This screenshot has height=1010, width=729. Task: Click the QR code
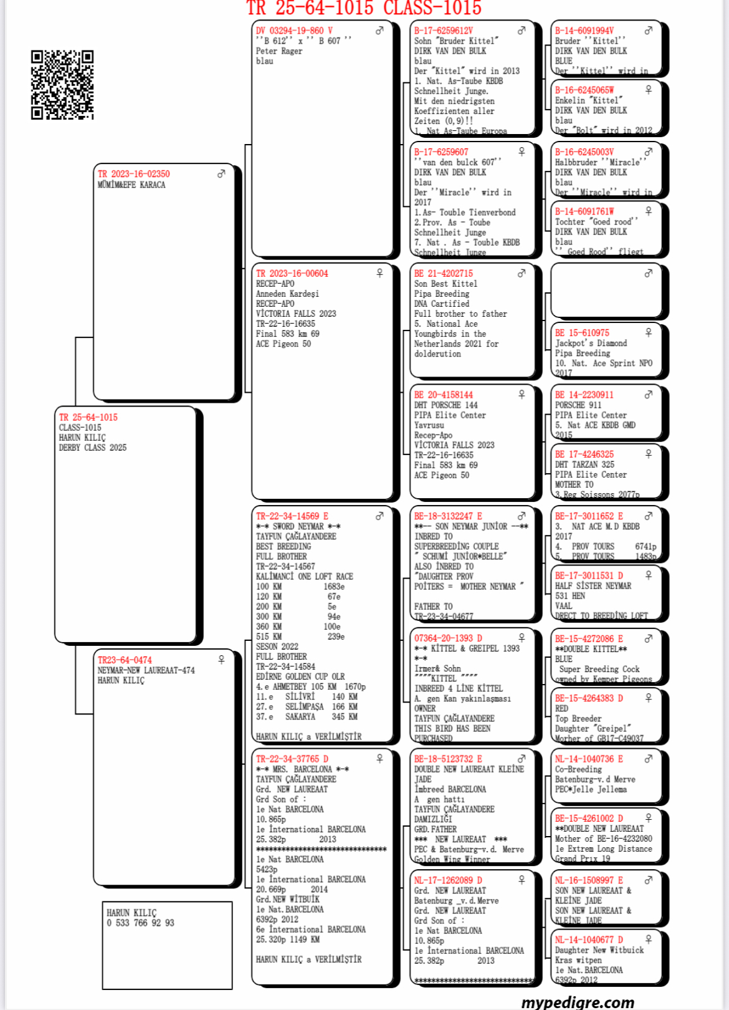pos(62,84)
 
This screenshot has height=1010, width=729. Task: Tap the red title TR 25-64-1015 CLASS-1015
pos(364,8)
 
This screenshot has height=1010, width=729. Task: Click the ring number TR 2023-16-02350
pos(133,174)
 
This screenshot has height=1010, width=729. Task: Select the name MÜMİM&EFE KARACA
pos(131,185)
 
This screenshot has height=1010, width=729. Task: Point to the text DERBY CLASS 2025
pos(93,448)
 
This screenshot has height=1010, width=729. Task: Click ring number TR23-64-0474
pos(125,660)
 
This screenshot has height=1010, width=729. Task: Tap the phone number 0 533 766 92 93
pos(140,923)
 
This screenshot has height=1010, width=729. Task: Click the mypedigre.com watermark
pos(578,1001)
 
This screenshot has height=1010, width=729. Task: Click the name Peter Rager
pos(279,51)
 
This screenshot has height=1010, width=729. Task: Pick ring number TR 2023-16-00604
pos(292,273)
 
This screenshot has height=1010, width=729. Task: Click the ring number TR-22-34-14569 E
pos(292,516)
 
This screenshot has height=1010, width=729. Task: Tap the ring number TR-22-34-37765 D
pos(292,759)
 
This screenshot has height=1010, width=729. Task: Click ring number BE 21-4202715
pos(444,273)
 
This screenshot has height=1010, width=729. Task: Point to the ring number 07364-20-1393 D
pos(448,638)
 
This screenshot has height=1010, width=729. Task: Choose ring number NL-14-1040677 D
pos(589,940)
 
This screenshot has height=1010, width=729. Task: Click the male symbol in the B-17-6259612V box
pos(522,30)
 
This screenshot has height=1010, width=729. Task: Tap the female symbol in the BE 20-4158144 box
pos(522,394)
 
